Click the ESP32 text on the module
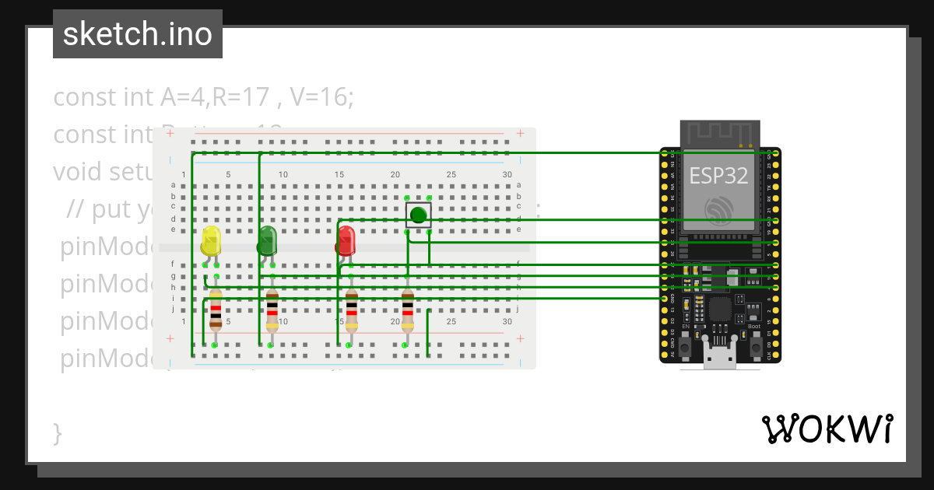(718, 175)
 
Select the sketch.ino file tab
(138, 34)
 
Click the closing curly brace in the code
(57, 432)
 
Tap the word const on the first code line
(81, 98)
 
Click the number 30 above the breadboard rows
(507, 174)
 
